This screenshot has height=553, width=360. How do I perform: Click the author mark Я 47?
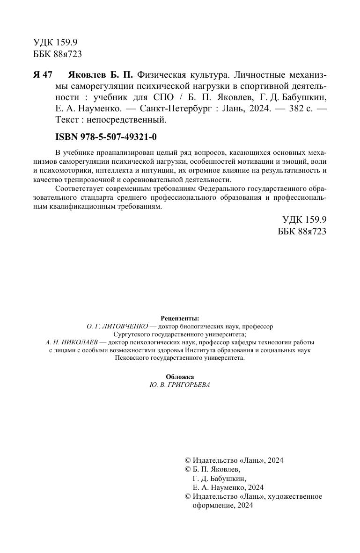point(43,75)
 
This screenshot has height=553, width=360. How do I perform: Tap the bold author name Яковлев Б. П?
point(101,75)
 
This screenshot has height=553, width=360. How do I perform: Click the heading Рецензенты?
point(180,318)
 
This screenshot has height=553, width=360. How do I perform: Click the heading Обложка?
point(180,377)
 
